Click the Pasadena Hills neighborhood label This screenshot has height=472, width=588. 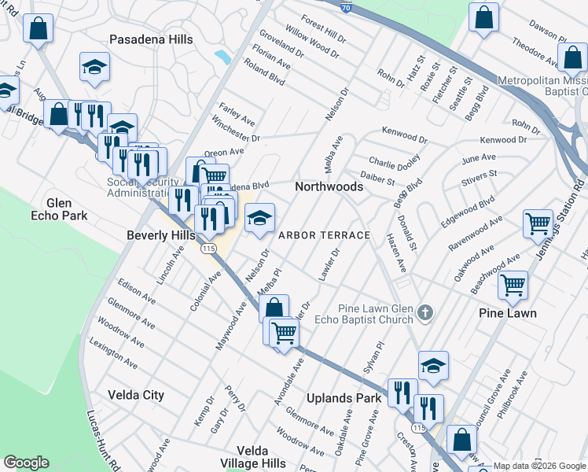pos(150,39)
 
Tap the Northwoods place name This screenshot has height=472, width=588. pos(329,186)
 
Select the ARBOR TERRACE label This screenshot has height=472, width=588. pos(323,235)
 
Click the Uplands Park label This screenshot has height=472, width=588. pos(343,398)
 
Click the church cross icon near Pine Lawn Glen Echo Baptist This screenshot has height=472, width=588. pos(425,313)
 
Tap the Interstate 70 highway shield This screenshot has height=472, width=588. pos(347,7)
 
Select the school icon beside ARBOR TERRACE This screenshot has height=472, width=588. pos(259,218)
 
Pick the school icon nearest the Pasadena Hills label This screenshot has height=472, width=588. pos(94,67)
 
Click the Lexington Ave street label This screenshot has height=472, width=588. pos(113,355)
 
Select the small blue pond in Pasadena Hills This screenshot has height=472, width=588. pos(223,57)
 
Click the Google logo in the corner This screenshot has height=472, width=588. pos(26,463)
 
